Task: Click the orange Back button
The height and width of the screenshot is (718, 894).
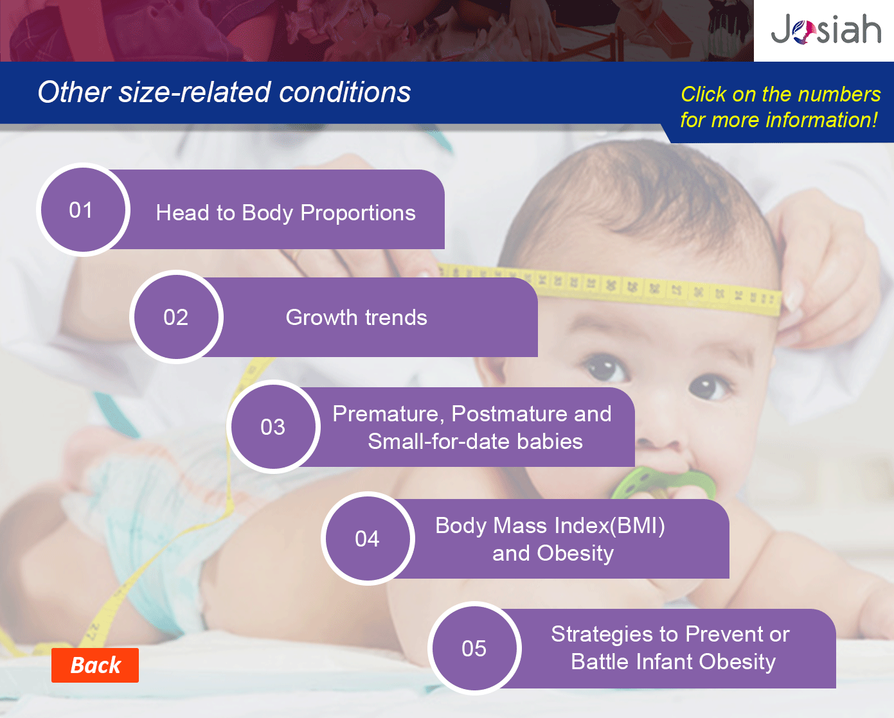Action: (x=95, y=665)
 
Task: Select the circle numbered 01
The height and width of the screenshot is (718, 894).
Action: (x=83, y=210)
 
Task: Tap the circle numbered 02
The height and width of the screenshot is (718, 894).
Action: (x=177, y=317)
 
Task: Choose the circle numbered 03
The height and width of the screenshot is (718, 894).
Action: (x=273, y=426)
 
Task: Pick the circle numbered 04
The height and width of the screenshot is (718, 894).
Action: (x=368, y=538)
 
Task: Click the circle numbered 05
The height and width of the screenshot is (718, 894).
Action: (x=474, y=648)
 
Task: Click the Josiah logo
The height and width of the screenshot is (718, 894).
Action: (x=825, y=28)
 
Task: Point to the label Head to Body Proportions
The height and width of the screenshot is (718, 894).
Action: (x=286, y=213)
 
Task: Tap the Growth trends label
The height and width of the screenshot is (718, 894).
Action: (x=357, y=317)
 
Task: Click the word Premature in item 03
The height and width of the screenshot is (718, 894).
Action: (x=388, y=414)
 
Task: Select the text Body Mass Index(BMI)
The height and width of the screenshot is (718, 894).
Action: (x=550, y=526)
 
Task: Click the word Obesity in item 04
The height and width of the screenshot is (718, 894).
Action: (x=575, y=553)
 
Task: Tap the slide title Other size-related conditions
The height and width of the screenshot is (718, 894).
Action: (x=224, y=92)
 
